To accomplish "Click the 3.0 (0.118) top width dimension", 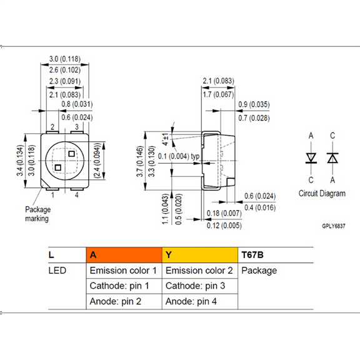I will (x=69, y=61).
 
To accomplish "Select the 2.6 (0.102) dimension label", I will (x=69, y=71).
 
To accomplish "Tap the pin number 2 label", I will (x=54, y=127).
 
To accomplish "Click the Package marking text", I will (x=37, y=214).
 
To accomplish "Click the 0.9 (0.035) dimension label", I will (x=254, y=104).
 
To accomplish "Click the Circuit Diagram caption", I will (x=322, y=193).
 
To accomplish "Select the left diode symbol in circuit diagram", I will (x=311, y=158).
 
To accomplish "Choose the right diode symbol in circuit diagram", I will (x=332, y=158).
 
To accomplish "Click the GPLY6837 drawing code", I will (x=333, y=226).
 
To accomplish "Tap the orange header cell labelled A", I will (x=123, y=255).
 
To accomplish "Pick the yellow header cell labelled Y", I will (x=199, y=255).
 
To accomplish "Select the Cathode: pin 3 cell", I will (x=199, y=286).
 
